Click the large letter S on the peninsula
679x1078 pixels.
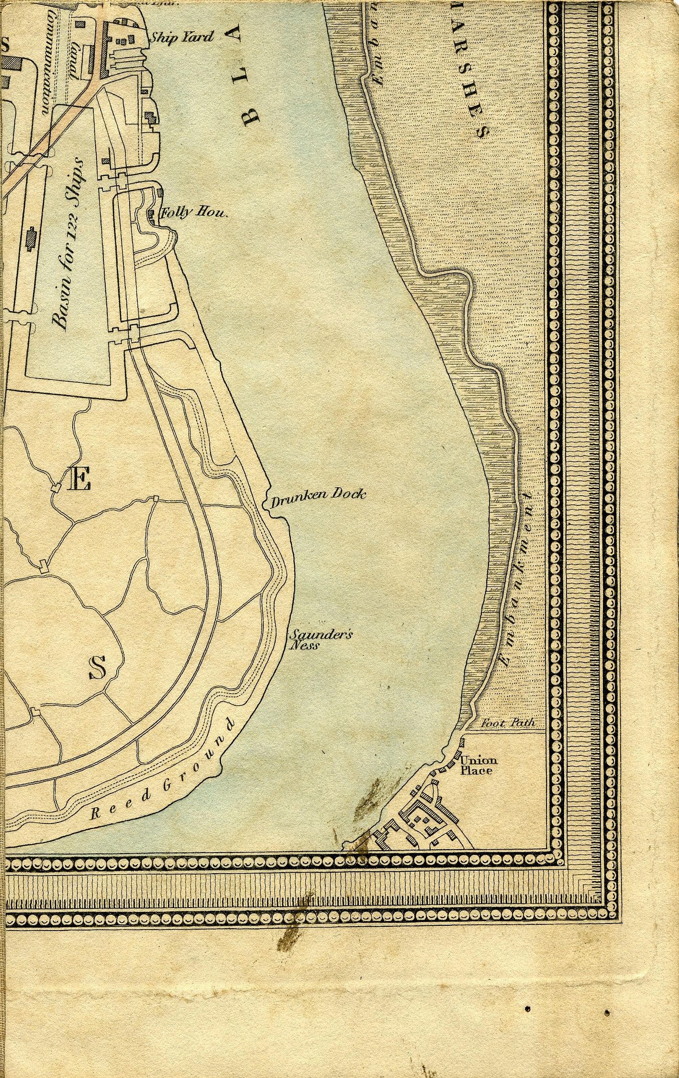(x=98, y=668)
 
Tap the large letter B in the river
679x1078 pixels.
(x=251, y=115)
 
